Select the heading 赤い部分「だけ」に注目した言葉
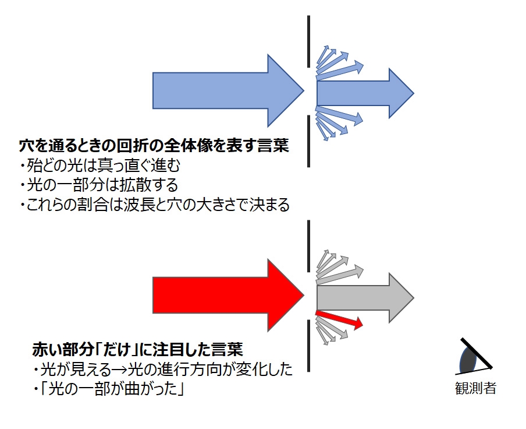[137, 350]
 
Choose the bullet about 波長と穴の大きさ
[154, 205]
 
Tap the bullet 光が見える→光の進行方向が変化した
[162, 370]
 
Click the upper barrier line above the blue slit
[309, 41]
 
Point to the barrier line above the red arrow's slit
[309, 245]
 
